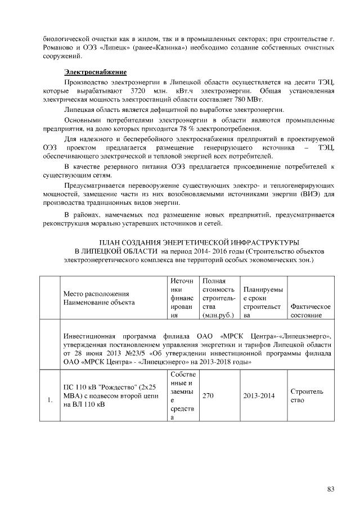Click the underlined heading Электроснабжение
tap(95, 72)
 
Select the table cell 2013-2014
tap(259, 396)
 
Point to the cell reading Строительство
tap(307, 396)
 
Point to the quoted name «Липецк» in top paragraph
tap(112, 48)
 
